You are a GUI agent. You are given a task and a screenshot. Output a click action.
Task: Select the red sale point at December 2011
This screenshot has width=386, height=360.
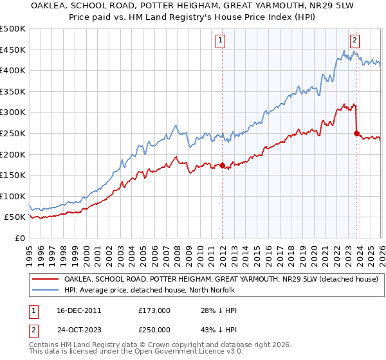222,165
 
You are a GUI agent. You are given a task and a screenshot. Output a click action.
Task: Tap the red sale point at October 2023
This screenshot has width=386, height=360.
356,133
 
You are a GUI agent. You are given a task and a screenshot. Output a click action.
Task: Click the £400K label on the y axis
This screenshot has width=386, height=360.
13,70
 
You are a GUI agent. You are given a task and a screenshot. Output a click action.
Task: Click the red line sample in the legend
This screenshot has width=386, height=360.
45,279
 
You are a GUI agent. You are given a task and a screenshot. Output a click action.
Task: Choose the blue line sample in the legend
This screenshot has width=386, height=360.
45,290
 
